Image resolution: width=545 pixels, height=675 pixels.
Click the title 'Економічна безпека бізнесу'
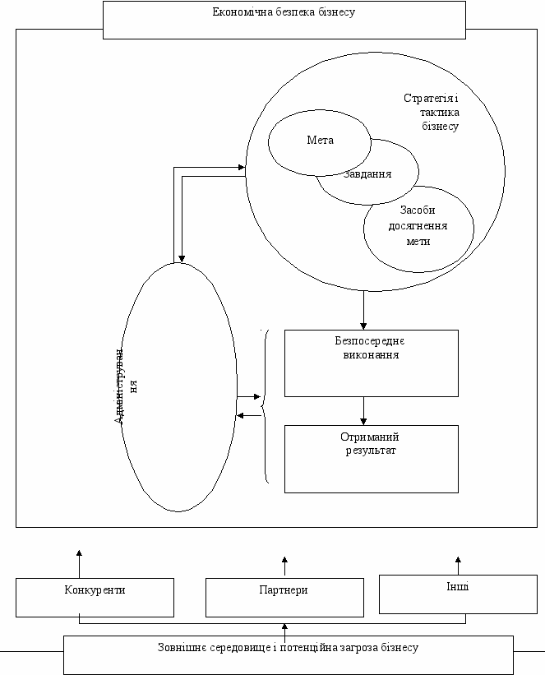(284, 12)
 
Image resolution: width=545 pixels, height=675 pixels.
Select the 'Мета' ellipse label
(320, 141)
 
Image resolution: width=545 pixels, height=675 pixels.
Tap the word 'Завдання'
(367, 174)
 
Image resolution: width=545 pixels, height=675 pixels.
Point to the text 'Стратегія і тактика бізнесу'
(432, 112)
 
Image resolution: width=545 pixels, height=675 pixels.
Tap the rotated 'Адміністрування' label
(125, 386)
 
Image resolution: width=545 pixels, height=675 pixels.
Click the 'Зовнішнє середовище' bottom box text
(288, 647)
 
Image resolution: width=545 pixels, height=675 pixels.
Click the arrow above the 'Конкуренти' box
(79, 564)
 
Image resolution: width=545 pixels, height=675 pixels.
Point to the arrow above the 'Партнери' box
(284, 566)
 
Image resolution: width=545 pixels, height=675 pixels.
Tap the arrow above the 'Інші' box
(458, 566)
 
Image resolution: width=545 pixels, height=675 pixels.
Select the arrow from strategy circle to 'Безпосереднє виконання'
(363, 311)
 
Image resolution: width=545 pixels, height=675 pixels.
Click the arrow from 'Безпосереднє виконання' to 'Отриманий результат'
(363, 411)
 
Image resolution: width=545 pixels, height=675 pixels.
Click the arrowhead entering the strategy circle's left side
(242, 167)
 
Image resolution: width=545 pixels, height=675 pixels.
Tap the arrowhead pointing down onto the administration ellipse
(182, 259)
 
